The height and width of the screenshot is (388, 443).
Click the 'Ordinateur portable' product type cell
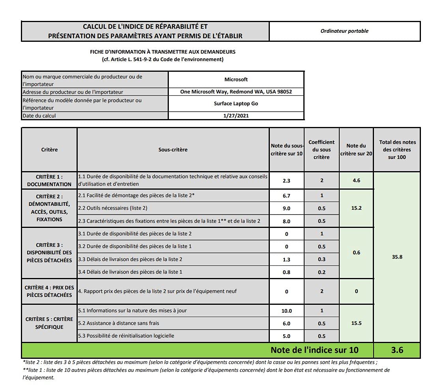tap(344, 31)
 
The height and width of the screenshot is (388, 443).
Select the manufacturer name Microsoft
tap(236, 80)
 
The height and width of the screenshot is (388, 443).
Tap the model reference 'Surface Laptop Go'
tap(236, 104)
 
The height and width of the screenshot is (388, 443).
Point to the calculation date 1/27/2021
tap(236, 116)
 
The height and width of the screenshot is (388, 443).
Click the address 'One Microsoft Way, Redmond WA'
tap(236, 92)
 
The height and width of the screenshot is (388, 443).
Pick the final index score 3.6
tap(397, 350)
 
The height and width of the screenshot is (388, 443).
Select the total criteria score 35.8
tap(397, 257)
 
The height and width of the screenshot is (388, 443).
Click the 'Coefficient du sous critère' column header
tap(322, 149)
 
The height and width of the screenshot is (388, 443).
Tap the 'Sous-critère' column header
tap(173, 149)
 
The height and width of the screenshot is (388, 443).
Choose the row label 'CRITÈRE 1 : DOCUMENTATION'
tap(49, 181)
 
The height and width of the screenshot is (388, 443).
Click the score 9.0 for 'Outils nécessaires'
tap(286, 208)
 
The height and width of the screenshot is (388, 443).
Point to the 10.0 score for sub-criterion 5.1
tap(286, 311)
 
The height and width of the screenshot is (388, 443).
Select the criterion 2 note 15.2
tap(356, 208)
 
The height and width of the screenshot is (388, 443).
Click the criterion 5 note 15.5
tap(356, 323)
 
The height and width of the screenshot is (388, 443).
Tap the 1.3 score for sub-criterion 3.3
tap(286, 259)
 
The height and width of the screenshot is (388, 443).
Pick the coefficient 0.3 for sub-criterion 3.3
tap(322, 259)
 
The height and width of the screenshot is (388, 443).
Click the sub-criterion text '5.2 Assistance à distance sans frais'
tap(119, 323)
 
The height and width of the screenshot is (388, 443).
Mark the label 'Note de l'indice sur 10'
tap(314, 350)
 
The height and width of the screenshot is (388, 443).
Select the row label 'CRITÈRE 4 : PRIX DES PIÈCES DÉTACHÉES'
tap(49, 291)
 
